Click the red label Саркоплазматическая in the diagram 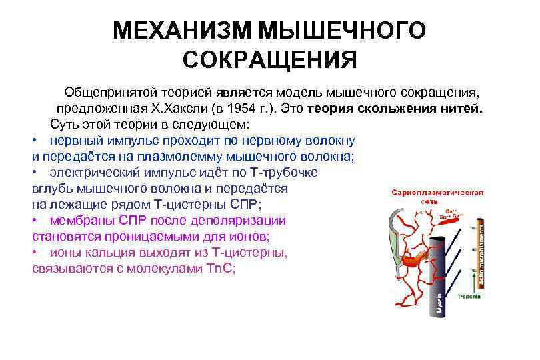tap(437, 192)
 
